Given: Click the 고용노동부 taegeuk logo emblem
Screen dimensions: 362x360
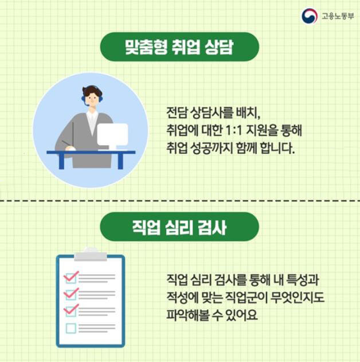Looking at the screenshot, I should coord(310,15).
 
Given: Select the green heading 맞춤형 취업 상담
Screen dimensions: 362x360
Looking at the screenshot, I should coord(179,46).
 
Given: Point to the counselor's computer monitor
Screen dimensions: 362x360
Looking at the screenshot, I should coord(112,136).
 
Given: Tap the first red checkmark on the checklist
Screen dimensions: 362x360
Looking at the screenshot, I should coord(72,277).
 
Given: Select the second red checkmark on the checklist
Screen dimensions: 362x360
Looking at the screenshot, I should coord(72,294).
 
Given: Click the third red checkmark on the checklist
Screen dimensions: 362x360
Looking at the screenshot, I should coord(72,310).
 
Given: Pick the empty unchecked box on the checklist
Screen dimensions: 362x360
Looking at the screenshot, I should coord(71,328).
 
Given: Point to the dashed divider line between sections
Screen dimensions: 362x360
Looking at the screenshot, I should coord(180,201).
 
